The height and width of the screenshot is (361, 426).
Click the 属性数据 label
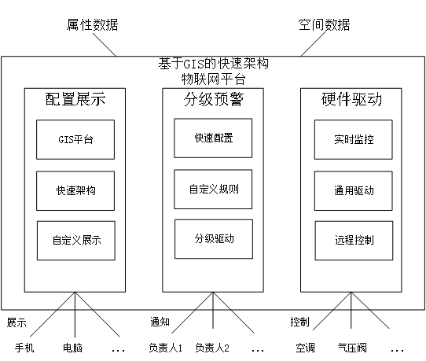(93, 24)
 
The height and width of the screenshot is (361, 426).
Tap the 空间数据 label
(324, 24)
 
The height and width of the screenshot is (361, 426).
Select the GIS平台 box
(75, 139)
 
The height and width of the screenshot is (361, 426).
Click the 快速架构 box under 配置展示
(75, 190)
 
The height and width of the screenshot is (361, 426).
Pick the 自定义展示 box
(76, 241)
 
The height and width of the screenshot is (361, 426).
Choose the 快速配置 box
(213, 138)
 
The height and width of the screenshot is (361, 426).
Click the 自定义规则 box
(213, 190)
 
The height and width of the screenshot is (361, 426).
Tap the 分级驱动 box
(214, 239)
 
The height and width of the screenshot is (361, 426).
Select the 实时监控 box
(354, 139)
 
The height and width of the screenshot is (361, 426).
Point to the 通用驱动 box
(354, 190)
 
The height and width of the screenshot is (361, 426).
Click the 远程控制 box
(354, 241)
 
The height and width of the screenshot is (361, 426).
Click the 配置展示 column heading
(75, 99)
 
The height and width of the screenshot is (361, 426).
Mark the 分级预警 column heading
(214, 99)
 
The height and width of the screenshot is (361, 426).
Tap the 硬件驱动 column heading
(351, 99)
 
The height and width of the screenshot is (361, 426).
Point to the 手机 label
(24, 348)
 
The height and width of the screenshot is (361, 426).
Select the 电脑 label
(72, 348)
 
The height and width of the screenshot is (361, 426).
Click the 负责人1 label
(166, 348)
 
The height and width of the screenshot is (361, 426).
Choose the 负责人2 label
(212, 348)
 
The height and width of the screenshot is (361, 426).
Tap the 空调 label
(306, 348)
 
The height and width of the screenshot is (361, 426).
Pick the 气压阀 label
(352, 348)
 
